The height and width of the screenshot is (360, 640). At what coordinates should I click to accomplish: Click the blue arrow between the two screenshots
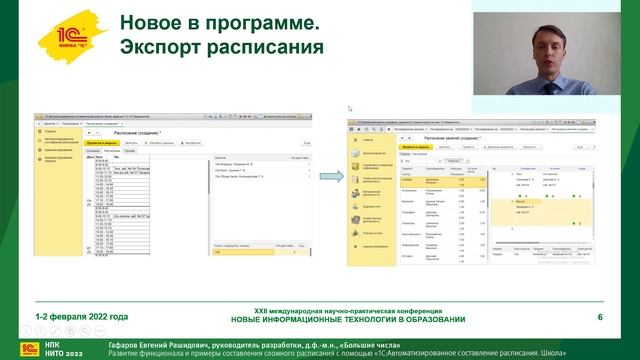click(x=327, y=177)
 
